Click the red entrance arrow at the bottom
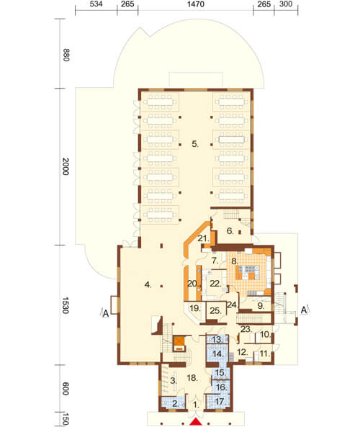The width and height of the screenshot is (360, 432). pyautogui.click(x=196, y=422)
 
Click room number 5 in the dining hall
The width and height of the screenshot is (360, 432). pyautogui.click(x=195, y=144)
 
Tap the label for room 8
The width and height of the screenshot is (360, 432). pyautogui.click(x=235, y=261)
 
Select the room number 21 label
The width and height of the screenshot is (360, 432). pyautogui.click(x=203, y=238)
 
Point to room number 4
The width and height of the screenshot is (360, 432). pyautogui.click(x=148, y=284)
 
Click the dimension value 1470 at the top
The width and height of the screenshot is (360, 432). pyautogui.click(x=196, y=4)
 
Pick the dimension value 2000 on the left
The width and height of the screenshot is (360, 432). pyautogui.click(x=66, y=166)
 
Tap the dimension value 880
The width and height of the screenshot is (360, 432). pyautogui.click(x=66, y=55)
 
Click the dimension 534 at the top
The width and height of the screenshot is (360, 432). pyautogui.click(x=96, y=4)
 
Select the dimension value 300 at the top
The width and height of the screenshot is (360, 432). pyautogui.click(x=286, y=4)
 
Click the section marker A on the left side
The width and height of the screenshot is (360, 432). pyautogui.click(x=106, y=313)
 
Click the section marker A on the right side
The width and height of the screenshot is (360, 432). pyautogui.click(x=304, y=310)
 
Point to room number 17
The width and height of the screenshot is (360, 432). pyautogui.click(x=220, y=402)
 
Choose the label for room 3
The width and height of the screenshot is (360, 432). pyautogui.click(x=174, y=381)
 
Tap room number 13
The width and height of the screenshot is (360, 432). pyautogui.click(x=217, y=340)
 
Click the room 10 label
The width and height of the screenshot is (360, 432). pyautogui.click(x=265, y=335)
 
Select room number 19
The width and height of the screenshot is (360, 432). pyautogui.click(x=195, y=308)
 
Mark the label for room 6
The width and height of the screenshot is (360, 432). pyautogui.click(x=230, y=230)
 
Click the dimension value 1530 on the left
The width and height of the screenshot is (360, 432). pyautogui.click(x=66, y=305)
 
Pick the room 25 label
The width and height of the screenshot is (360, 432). pyautogui.click(x=215, y=311)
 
